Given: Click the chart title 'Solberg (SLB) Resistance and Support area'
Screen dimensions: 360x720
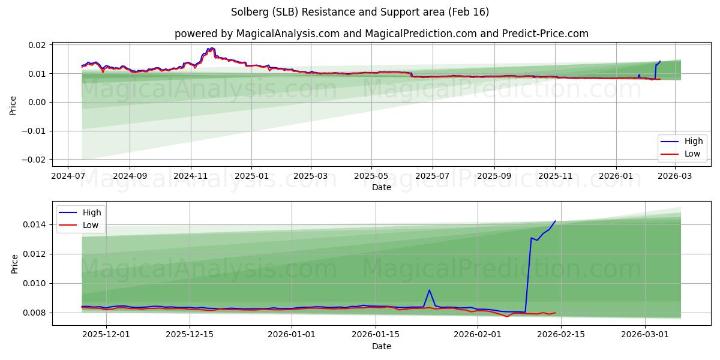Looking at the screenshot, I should click(360, 12).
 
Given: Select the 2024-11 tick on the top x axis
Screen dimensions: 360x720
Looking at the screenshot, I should click(191, 176).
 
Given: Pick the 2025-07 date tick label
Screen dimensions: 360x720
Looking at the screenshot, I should click(433, 176).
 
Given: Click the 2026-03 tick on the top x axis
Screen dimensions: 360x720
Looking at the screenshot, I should click(676, 176).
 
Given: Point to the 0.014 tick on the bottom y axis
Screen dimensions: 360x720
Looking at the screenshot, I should click(35, 224).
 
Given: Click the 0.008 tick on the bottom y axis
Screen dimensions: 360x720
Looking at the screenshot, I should click(35, 313).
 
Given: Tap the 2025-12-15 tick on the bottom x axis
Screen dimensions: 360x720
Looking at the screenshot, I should click(190, 335).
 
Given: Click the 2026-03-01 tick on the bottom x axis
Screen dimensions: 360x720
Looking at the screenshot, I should click(645, 335).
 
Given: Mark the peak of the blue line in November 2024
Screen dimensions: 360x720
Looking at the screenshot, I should click(211, 48).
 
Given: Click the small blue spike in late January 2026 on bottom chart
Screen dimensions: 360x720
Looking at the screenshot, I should click(429, 290).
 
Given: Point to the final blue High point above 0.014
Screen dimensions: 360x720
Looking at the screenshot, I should click(555, 221).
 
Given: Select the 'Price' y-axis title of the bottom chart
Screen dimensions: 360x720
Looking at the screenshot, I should click(14, 263).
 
